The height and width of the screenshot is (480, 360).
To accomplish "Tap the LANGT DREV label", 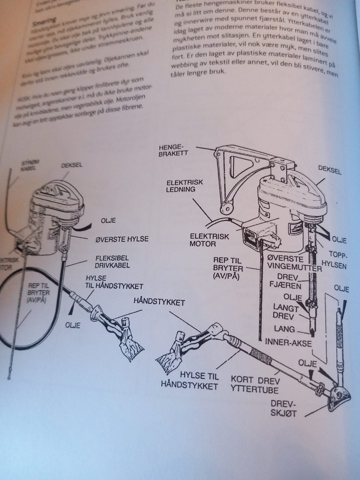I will point(286,312).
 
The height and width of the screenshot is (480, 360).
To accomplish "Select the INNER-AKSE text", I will point(288,342).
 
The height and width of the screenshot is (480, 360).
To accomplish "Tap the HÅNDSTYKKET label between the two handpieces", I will point(159,302).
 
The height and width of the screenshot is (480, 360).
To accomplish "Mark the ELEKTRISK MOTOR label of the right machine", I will point(203,240).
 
